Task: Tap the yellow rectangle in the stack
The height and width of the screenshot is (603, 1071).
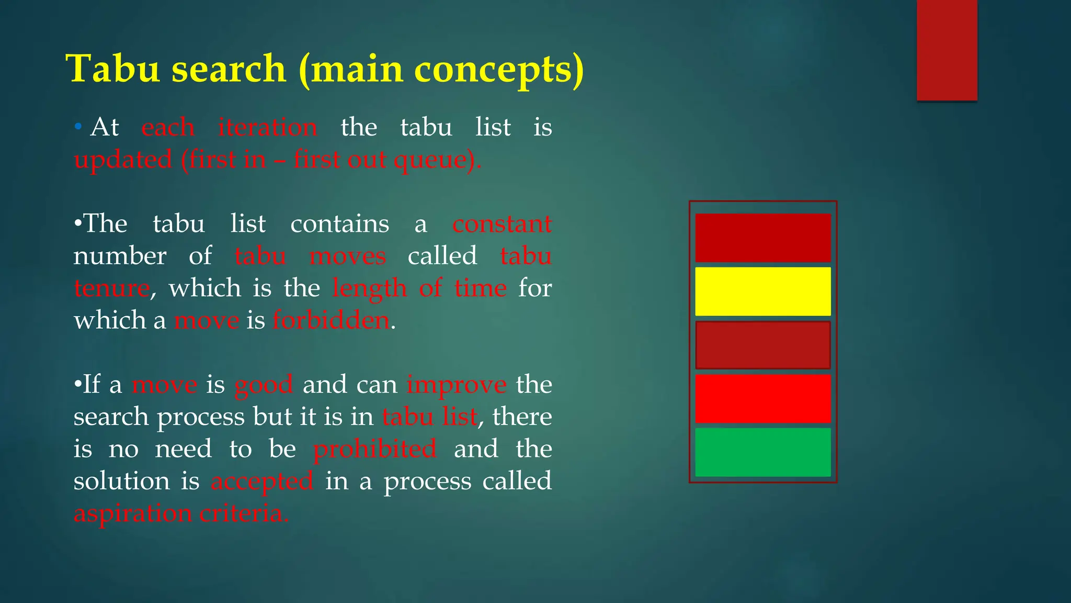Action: pos(762,292)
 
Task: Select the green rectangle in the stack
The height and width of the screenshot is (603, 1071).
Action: pos(762,452)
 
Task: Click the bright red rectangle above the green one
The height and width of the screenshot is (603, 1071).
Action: pos(762,398)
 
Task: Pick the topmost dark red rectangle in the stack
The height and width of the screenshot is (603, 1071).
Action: pos(762,238)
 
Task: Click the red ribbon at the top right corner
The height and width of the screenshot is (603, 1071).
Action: pos(947,50)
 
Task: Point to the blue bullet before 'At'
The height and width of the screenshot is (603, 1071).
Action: pos(78,127)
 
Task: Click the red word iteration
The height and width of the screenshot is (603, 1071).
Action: pos(267,127)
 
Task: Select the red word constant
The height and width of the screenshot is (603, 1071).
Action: pos(502,224)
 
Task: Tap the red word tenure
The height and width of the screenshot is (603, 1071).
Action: pos(111,288)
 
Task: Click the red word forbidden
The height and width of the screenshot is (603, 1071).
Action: pos(331,320)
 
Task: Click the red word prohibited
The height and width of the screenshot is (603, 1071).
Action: pos(374,449)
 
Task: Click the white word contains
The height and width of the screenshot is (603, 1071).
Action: pos(339,224)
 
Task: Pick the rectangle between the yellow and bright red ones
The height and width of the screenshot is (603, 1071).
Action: pos(762,345)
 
